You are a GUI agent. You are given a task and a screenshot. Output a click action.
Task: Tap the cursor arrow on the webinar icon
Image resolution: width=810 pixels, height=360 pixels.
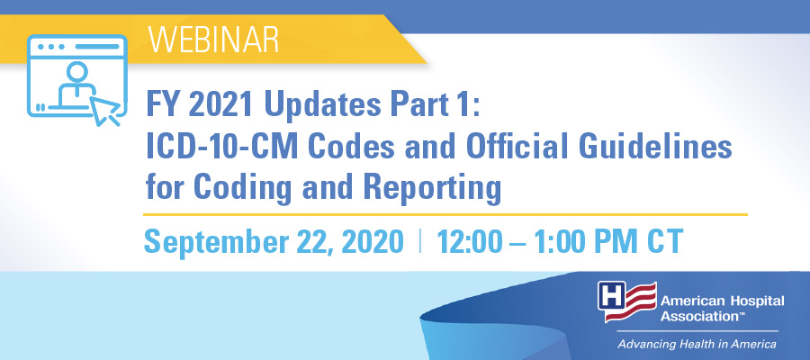tap(105, 110)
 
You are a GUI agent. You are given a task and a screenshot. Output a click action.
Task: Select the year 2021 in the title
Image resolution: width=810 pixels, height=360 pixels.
tap(220, 104)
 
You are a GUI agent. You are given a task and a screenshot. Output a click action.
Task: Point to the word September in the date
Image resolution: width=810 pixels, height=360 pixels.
tap(213, 242)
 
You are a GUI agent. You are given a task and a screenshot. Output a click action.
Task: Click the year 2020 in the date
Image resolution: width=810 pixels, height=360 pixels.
tap(371, 241)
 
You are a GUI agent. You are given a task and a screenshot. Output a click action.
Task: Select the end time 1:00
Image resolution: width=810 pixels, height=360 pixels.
tap(562, 241)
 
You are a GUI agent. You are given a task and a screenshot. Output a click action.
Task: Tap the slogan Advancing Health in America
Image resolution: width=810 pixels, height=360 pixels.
tap(697, 344)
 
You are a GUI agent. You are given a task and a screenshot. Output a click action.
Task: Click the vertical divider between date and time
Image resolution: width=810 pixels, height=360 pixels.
tap(420, 242)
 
